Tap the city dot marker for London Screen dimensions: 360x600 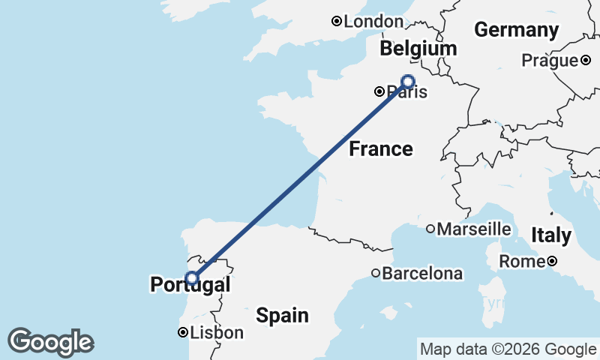337,22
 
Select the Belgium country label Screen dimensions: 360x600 418,49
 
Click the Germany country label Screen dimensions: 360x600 517,30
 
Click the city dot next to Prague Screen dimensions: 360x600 586,60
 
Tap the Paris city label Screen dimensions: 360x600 408,92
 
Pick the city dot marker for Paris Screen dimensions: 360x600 380,91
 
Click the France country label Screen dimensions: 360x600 381,148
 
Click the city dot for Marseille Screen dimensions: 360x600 430,229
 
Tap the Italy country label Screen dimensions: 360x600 550,235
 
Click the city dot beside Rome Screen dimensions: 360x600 552,261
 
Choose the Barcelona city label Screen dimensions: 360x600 422,274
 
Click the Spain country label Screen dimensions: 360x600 282,315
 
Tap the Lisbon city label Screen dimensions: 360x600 217,332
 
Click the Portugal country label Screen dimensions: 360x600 190,285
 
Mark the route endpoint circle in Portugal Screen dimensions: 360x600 192,278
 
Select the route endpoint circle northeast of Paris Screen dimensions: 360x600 408,81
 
